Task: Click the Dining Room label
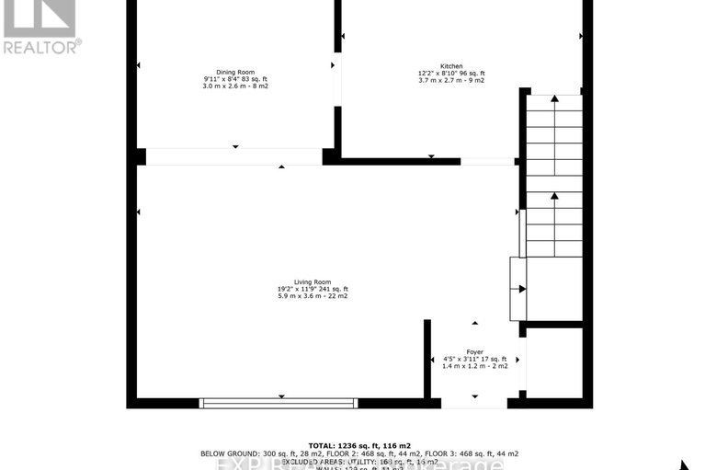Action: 235,72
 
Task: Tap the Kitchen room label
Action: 451,66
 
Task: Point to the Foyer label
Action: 475,351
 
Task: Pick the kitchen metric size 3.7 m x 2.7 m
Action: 438,81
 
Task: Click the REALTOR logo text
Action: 42,44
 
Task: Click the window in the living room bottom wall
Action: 279,403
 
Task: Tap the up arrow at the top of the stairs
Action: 554,98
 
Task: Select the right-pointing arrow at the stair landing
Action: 522,289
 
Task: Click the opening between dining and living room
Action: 234,156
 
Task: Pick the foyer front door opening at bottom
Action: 475,403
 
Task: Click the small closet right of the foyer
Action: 554,361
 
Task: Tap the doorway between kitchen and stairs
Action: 488,161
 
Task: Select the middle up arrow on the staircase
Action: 554,196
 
